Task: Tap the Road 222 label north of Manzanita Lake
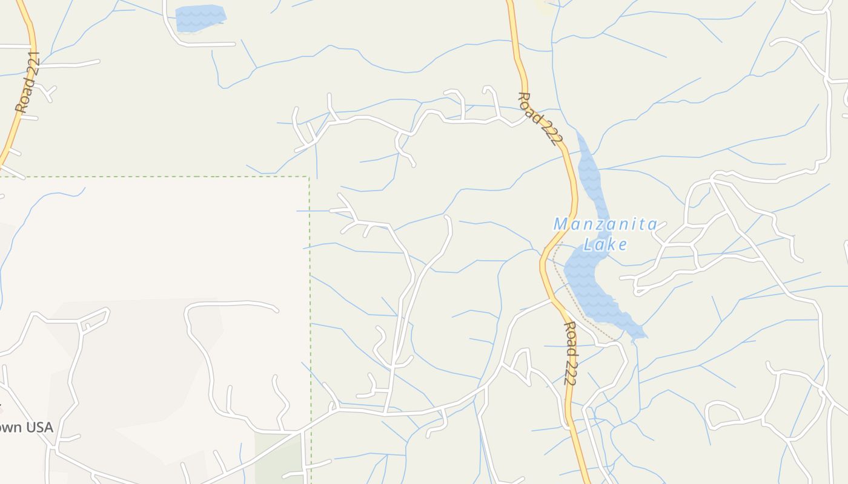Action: pyautogui.click(x=537, y=119)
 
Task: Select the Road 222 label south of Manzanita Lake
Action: pyautogui.click(x=570, y=353)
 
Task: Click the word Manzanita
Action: pyautogui.click(x=605, y=224)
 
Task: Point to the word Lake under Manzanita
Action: pyautogui.click(x=605, y=244)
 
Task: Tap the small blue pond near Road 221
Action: pyautogui.click(x=200, y=18)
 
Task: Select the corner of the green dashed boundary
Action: pyautogui.click(x=309, y=177)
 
